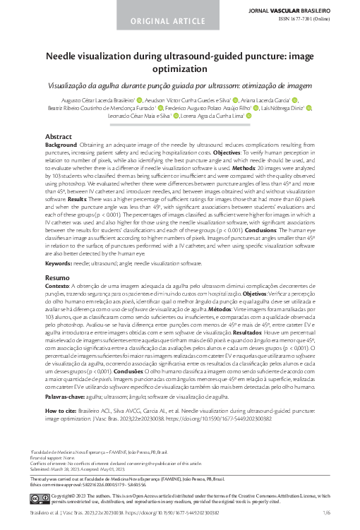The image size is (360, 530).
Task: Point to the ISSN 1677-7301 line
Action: coord(313,20)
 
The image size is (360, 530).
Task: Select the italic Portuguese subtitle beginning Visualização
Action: coord(180,84)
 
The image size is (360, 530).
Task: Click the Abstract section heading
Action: coord(58,135)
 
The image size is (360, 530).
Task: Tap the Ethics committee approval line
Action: coord(78,486)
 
